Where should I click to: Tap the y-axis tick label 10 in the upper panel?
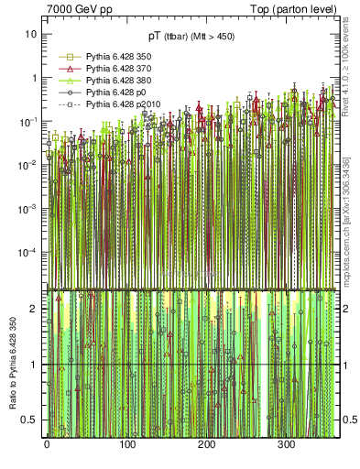30,34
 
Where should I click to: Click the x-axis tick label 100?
126,445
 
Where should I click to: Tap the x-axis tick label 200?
206,445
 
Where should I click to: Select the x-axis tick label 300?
287,445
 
